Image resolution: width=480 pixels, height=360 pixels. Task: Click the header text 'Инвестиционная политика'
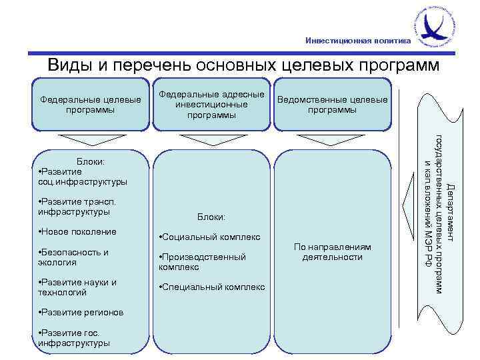[358, 41]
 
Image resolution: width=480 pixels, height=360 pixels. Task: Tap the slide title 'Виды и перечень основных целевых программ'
[243, 66]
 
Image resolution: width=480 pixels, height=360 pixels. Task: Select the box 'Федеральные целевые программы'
[91, 105]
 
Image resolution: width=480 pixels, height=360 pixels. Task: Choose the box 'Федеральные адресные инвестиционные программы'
[211, 105]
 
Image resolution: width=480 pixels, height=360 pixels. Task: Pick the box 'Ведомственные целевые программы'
[332, 105]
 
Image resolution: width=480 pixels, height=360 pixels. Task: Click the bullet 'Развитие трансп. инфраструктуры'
[77, 207]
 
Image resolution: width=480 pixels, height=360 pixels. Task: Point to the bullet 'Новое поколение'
[78, 231]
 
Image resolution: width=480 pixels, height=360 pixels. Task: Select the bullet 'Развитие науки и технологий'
[77, 287]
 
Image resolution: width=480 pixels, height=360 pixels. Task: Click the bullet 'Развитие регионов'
[81, 312]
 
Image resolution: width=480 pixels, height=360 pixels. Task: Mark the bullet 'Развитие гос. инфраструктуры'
[75, 338]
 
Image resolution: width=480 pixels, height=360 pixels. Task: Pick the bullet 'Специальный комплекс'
[212, 287]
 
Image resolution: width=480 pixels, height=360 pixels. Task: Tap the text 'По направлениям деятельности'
[332, 251]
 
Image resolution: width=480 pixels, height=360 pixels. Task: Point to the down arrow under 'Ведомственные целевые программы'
[332, 141]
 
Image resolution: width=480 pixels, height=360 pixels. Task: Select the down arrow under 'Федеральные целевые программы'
[91, 141]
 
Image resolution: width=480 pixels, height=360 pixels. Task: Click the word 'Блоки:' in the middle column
[211, 217]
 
